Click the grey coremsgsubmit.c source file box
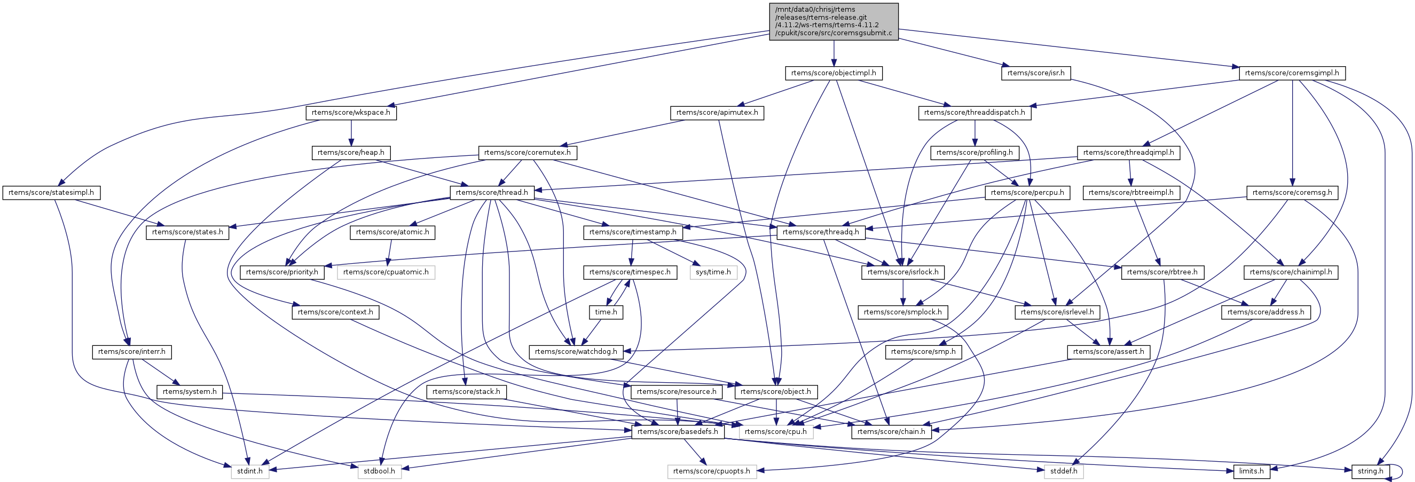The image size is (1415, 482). [834, 21]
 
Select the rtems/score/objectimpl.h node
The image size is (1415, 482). [834, 73]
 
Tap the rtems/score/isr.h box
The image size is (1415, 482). [1035, 73]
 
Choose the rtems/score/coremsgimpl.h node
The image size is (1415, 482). [1292, 73]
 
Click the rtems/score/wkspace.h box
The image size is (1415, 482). [350, 113]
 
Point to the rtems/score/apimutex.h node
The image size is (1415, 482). [717, 113]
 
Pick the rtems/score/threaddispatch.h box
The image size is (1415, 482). [974, 113]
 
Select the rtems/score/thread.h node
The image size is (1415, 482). [492, 193]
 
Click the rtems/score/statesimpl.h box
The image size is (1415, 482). [51, 193]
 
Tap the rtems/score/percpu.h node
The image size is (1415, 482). [1027, 193]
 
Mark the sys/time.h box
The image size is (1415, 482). [713, 272]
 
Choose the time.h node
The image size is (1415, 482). [606, 312]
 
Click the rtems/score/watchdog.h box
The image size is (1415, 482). [576, 352]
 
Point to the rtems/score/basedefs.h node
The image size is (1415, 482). [677, 432]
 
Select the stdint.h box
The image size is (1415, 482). [249, 471]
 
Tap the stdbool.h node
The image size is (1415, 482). [379, 471]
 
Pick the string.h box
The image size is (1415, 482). [1370, 471]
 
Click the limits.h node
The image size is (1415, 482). [1251, 471]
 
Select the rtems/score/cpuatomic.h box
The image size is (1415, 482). [386, 272]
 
